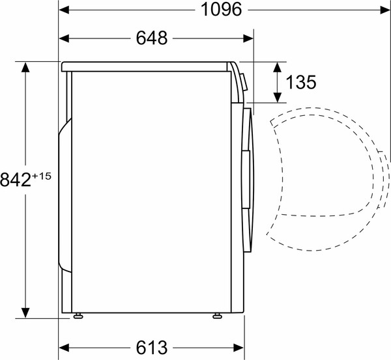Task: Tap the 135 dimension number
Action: [x=300, y=82]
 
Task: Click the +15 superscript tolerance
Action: [x=42, y=174]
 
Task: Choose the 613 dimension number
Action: [x=151, y=346]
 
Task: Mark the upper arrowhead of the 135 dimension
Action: [x=278, y=66]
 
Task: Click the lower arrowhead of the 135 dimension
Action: [x=278, y=98]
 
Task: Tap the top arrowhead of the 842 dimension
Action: [x=26, y=66]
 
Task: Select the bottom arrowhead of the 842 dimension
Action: [x=26, y=313]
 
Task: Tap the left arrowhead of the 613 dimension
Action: [x=64, y=346]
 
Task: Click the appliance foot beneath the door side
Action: [x=216, y=316]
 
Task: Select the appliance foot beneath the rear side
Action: [x=79, y=316]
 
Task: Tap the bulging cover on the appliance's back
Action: [x=63, y=195]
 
